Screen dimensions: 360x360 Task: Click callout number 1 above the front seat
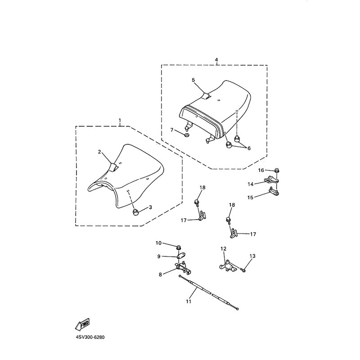pyautogui.click(x=120, y=121)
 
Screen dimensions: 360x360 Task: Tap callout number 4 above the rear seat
pyautogui.click(x=216, y=59)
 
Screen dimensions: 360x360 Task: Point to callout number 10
pyautogui.click(x=158, y=243)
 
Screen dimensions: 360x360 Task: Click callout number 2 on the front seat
pyautogui.click(x=99, y=152)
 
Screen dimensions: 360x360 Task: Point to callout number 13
pyautogui.click(x=252, y=256)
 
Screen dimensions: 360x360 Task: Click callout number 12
pyautogui.click(x=224, y=248)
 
